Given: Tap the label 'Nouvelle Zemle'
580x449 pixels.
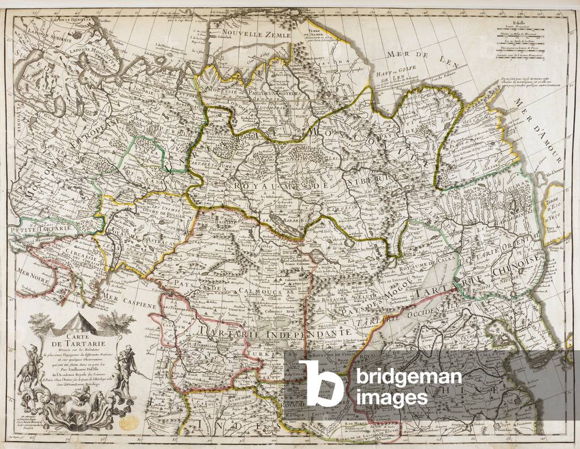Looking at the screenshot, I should coord(256,35).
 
